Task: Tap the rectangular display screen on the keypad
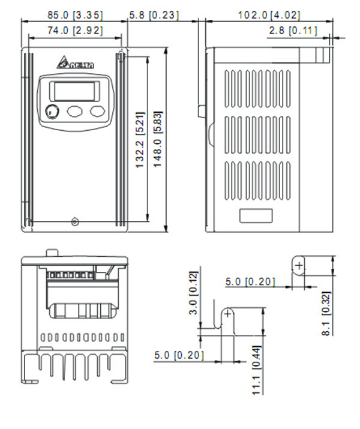pos(74,90)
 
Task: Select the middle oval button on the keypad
pos(75,111)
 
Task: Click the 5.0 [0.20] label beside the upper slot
pos(250,281)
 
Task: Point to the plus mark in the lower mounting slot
pos(228,313)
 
